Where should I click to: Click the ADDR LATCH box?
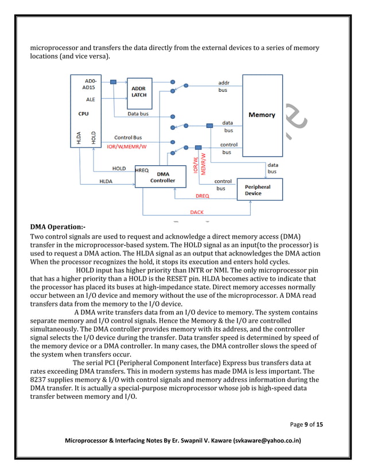(x=139, y=92)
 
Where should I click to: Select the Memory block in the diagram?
(x=262, y=115)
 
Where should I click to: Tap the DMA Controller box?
(x=162, y=177)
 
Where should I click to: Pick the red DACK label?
(x=197, y=212)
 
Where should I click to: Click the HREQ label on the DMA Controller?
(x=142, y=170)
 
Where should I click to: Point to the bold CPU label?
(x=83, y=114)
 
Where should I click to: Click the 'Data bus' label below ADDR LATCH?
(x=138, y=114)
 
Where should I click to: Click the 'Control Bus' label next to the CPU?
(x=128, y=138)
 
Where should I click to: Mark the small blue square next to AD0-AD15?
(x=113, y=82)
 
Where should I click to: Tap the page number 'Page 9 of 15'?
(x=306, y=425)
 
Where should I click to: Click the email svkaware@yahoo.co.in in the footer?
(x=266, y=440)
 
